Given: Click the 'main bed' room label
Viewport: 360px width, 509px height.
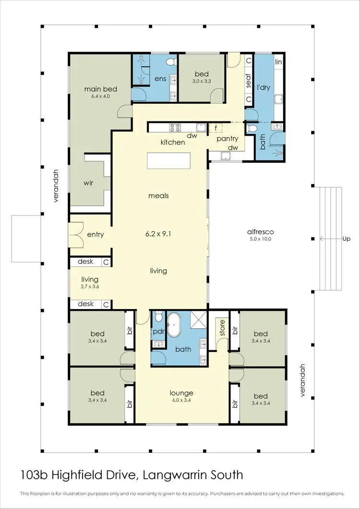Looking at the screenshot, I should tap(101, 89).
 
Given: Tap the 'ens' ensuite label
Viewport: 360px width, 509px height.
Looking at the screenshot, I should tap(160, 79).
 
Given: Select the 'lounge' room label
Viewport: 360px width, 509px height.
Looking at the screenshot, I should tap(181, 393).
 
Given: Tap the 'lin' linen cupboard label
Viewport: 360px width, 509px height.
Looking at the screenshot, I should tap(278, 62).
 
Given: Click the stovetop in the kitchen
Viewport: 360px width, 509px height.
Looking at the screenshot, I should tap(174, 128).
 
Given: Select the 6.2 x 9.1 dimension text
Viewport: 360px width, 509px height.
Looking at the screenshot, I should tap(158, 235).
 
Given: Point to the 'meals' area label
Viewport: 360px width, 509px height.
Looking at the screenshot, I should tap(158, 196).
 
